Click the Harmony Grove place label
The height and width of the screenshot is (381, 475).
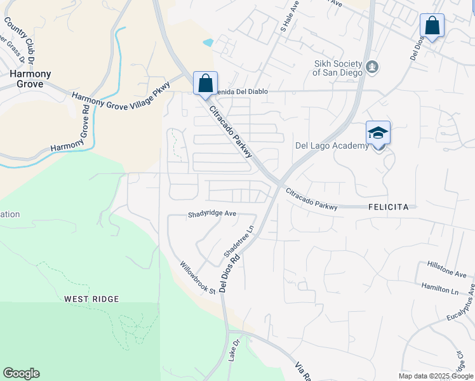[x=30, y=79]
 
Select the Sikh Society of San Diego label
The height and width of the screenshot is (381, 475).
[x=337, y=68]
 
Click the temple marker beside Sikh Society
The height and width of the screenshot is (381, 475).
[x=373, y=67]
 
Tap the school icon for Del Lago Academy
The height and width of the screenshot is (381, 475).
[x=378, y=133]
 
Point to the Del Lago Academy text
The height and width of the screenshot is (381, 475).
[x=331, y=146]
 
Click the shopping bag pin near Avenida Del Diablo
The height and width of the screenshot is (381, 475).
[x=205, y=83]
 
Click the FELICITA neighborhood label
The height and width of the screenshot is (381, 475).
[x=392, y=207]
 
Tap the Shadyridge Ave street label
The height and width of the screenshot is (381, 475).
[x=212, y=215]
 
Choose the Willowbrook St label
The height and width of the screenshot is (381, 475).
[x=197, y=278]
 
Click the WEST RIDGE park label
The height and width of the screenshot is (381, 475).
[x=91, y=298]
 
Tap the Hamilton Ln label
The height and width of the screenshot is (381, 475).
[x=439, y=287]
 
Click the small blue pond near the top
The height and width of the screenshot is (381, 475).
[x=208, y=43]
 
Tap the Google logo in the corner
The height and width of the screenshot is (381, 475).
[x=22, y=373]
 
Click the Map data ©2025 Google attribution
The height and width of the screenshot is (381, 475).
[x=436, y=376]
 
